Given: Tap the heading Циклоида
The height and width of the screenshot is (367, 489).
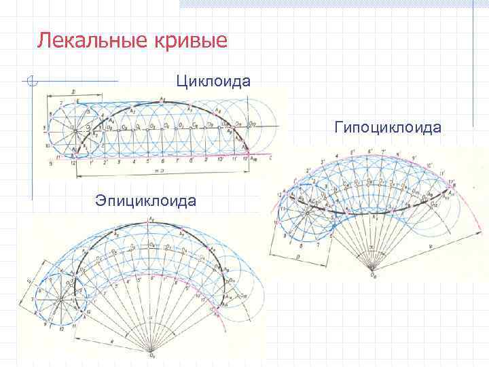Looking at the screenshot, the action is point(213,82).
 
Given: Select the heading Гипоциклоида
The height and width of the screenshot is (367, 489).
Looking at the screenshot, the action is point(388,127).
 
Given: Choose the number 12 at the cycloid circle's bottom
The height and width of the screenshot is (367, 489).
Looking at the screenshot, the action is point(73,162).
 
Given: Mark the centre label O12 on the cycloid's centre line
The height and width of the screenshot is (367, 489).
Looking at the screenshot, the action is point(251,122).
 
